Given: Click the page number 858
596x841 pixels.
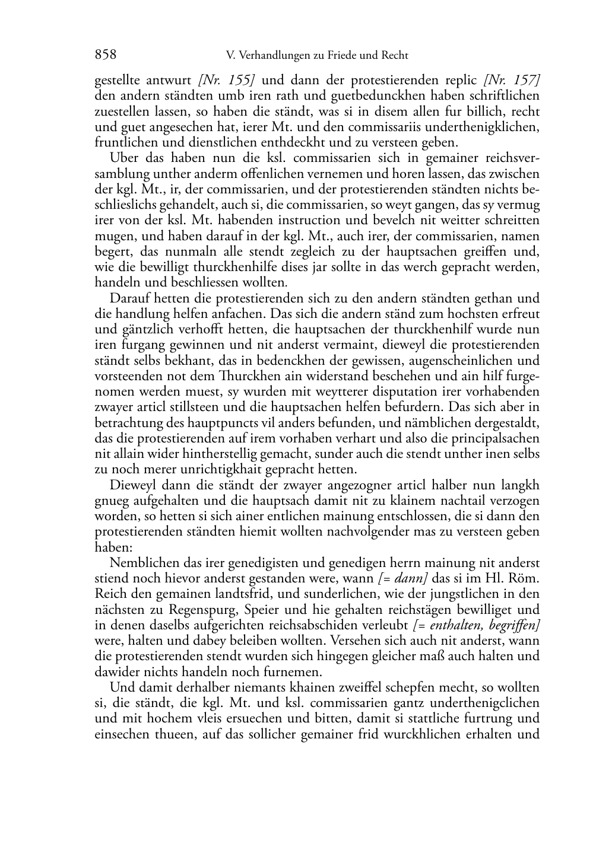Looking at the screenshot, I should click(106, 55).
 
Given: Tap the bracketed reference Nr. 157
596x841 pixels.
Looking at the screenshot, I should click(512, 80).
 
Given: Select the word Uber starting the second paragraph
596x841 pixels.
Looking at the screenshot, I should click(122, 158).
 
